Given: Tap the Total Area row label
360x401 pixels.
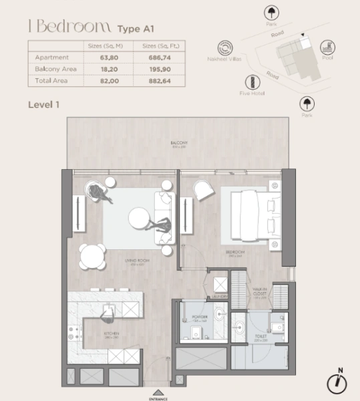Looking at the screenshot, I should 51,80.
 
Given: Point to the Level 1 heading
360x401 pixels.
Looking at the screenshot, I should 45,105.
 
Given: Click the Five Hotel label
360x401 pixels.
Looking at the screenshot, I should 253,93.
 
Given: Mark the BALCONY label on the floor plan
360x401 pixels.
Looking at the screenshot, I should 178,143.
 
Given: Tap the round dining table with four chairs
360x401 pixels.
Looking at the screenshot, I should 92,255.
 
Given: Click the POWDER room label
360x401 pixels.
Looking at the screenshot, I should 200,317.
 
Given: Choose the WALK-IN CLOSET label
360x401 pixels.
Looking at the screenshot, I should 260,293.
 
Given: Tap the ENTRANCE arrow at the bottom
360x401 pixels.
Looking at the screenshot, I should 158,392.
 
